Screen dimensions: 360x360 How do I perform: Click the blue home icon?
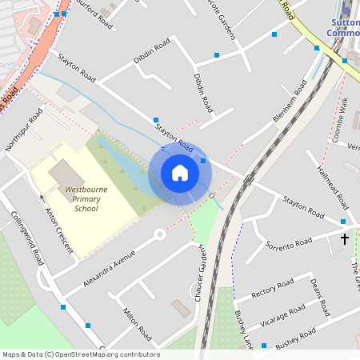pyautogui.click(x=180, y=173)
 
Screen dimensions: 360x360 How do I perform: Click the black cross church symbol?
pyautogui.click(x=345, y=238)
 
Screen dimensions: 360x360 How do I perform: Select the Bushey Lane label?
pyautogui.click(x=243, y=329)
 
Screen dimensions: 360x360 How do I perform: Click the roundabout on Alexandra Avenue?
pyautogui.click(x=159, y=234)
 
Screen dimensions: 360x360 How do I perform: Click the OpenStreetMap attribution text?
pyautogui.click(x=81, y=354)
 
